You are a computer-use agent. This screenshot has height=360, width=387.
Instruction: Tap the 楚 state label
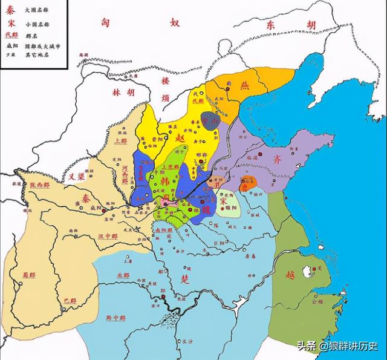click(x=184, y=279)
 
